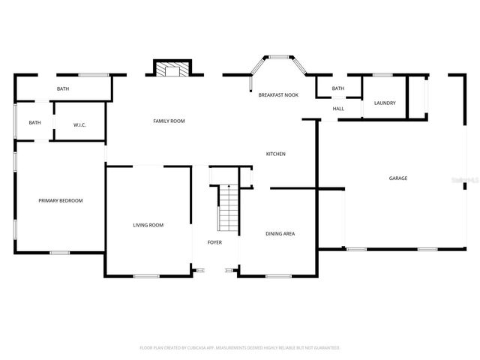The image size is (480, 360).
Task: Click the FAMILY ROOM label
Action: tap(169, 121)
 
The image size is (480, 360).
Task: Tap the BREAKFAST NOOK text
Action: tap(278, 95)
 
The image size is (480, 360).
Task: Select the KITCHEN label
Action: tap(276, 154)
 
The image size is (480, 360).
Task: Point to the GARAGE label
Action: tap(397, 178)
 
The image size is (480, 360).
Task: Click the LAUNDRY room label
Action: tap(385, 103)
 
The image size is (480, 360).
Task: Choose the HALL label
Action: tap(338, 109)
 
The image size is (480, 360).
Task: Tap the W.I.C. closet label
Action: tap(79, 124)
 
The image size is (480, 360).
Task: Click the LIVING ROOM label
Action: tap(148, 225)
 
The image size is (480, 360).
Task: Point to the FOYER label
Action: tap(214, 242)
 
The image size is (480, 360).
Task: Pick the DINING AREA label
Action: tap(280, 233)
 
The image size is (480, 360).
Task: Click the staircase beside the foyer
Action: tap(228, 208)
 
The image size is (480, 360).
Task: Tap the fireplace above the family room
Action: tap(173, 70)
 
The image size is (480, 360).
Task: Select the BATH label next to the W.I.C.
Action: tap(35, 123)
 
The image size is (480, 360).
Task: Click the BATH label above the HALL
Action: tap(338, 88)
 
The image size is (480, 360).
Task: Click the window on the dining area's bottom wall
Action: tap(278, 277)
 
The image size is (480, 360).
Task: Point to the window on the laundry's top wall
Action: tap(382, 74)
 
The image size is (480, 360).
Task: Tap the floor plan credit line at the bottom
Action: tap(240, 348)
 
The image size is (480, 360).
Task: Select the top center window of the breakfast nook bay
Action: tap(280, 56)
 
